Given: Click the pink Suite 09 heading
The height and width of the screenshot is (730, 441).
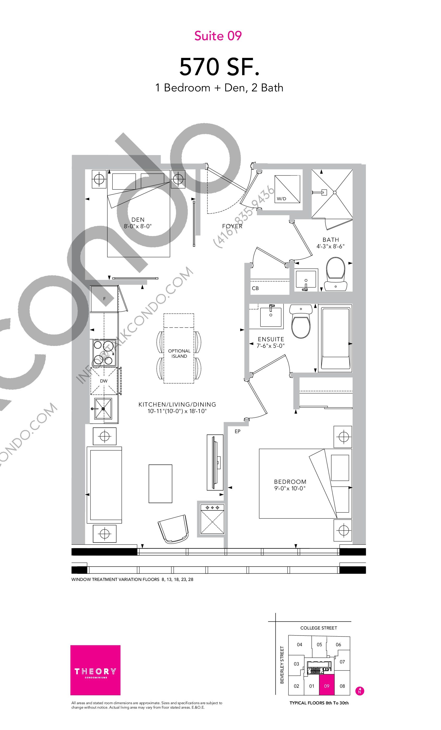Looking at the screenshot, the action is pos(218,36).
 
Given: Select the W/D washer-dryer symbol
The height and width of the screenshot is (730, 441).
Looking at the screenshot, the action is pos(287,189).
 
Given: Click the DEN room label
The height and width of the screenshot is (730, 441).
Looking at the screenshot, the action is pos(138,220).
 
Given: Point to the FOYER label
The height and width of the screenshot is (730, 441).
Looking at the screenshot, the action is pos(232,226).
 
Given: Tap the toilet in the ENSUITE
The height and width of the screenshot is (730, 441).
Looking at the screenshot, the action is pos(301,321).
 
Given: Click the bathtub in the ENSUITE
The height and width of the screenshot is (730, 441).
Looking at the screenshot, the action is pos(335,338).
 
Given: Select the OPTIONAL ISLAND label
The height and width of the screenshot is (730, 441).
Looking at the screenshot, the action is pos(179,354).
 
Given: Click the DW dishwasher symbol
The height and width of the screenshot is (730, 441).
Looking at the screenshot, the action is pos(104,381).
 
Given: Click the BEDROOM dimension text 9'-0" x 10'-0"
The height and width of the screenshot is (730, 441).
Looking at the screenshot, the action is pos(290,488).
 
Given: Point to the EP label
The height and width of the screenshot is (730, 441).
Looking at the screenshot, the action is pos(237,431).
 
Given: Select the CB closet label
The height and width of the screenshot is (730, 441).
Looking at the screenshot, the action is pos(255,288).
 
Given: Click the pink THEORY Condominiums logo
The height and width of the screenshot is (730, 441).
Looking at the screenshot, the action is pos(95,670).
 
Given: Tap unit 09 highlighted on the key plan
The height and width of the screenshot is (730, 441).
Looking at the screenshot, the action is pos(327,685).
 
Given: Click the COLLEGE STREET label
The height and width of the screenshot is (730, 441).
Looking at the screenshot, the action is pos(318,628).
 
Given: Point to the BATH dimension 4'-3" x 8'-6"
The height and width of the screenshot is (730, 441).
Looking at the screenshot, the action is pos(331,246).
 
